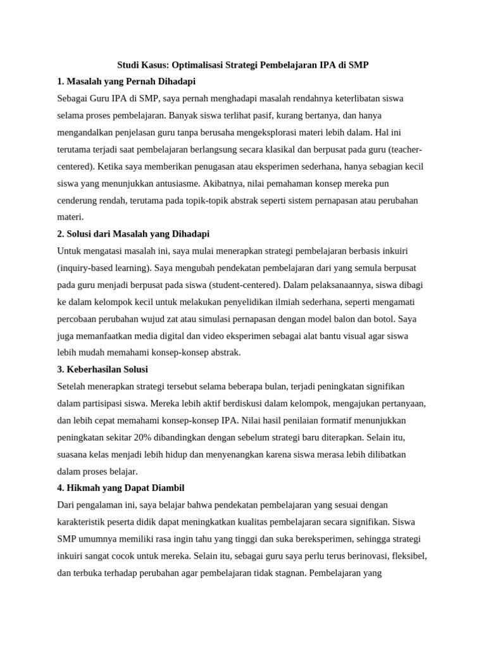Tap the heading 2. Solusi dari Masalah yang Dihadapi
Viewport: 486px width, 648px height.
coord(133,234)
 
